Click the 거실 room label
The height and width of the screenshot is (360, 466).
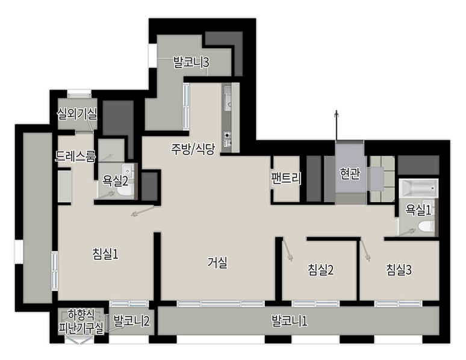coord(217,262)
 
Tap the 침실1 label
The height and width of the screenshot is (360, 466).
coord(105,254)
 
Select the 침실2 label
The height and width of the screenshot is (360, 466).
coord(321,270)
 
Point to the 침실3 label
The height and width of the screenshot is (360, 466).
coord(399,270)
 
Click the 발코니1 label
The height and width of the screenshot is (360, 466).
coord(290,321)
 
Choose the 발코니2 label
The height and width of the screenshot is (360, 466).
coord(132,321)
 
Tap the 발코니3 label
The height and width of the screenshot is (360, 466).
coord(191,63)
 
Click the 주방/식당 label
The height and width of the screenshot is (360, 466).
coord(193,149)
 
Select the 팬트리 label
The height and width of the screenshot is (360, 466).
coord(286,178)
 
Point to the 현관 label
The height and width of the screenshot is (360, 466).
coord(350,173)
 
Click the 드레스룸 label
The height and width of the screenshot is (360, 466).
coord(75,156)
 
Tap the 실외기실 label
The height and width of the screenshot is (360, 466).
coord(77,114)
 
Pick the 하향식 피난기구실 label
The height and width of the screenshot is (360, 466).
coord(81,321)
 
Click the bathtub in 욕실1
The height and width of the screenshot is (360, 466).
coord(418,188)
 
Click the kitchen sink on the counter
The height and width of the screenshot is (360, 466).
coord(228,99)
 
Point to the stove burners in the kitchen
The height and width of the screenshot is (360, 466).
coord(228,139)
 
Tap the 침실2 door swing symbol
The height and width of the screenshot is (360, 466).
coord(288,249)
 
